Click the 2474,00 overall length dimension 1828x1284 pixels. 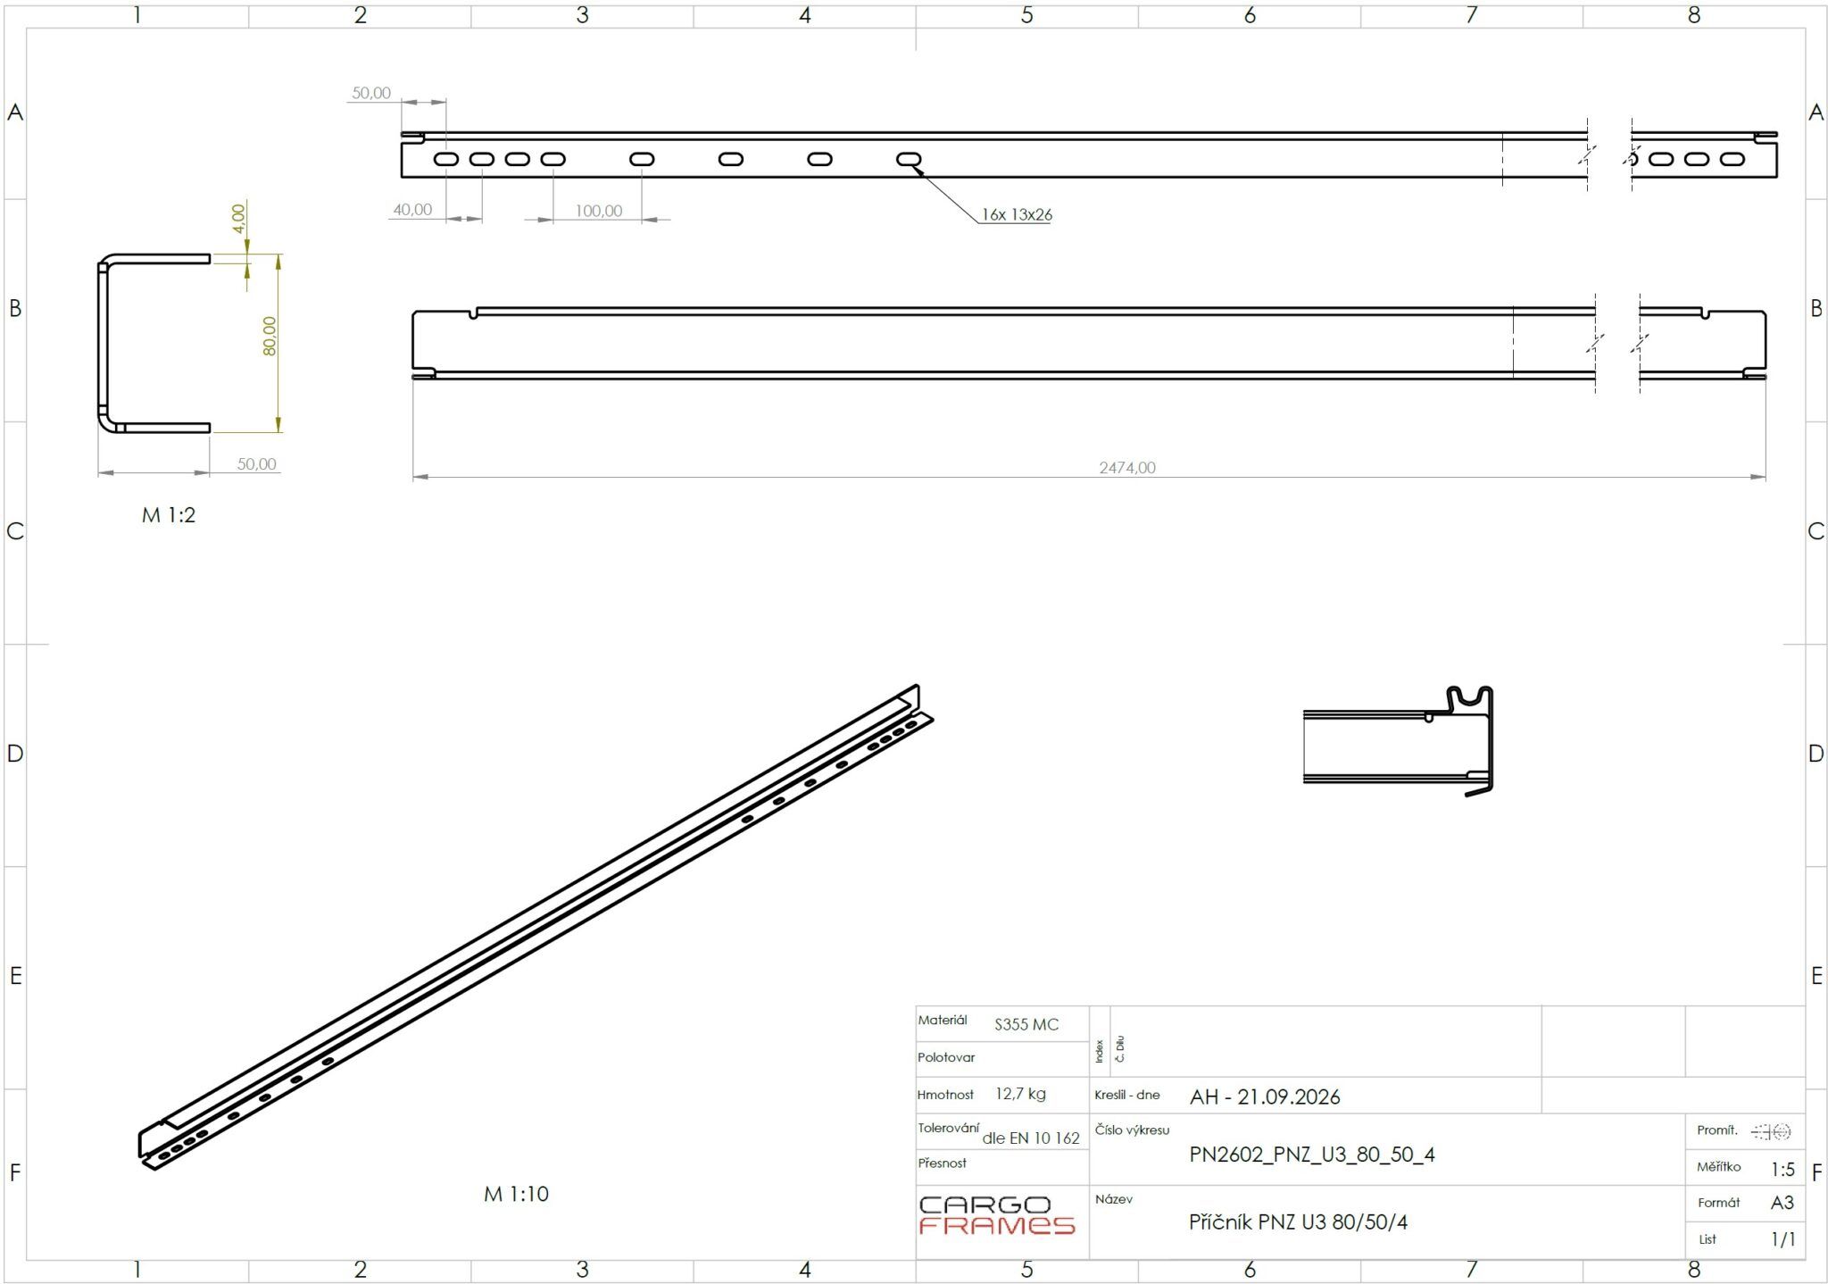coord(1127,467)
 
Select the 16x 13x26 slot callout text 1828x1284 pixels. coord(1017,214)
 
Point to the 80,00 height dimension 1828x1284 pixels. coord(270,336)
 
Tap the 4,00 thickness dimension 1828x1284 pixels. coord(237,218)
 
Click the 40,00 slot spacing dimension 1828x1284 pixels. coord(412,210)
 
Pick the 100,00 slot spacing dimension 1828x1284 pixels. coord(598,211)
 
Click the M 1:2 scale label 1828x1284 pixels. coord(169,515)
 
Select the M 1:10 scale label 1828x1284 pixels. coord(516,1194)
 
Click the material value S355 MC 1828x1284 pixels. coord(1026,1025)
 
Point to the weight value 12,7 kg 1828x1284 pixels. coord(1020,1094)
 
